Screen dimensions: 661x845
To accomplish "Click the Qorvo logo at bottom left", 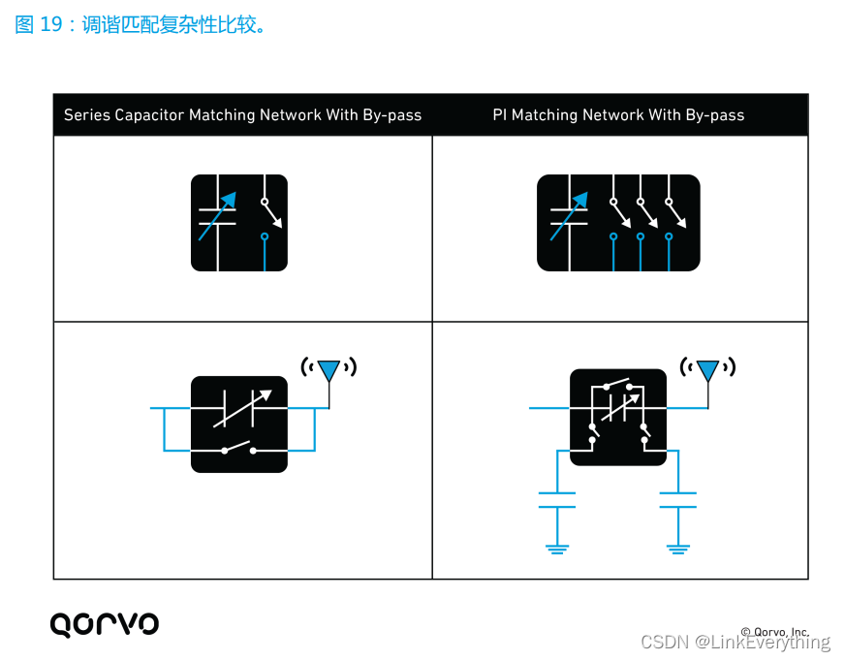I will point(104,623).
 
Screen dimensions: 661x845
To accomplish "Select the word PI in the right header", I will point(500,115).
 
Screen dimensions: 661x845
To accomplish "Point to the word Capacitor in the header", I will point(149,115).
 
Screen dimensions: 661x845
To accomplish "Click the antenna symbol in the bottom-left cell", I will point(329,369).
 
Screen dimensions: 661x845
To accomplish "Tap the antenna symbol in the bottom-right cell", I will point(708,370).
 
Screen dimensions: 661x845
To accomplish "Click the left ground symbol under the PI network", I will point(556,548).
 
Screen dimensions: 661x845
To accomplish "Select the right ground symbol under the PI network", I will point(678,548).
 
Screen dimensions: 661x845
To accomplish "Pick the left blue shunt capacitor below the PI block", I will point(556,500).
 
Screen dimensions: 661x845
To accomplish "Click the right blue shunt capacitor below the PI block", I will point(678,500).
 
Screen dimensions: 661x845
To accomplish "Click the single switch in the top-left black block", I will point(270,214).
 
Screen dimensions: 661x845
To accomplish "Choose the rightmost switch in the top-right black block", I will point(675,214).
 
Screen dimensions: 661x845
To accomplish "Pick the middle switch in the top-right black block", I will point(646,214).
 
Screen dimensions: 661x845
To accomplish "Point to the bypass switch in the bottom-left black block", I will point(238,449).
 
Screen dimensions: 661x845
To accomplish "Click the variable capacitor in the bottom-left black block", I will point(239,408).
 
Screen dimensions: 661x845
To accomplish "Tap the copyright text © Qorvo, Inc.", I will point(774,632).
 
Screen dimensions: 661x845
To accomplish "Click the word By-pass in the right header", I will point(715,115).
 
